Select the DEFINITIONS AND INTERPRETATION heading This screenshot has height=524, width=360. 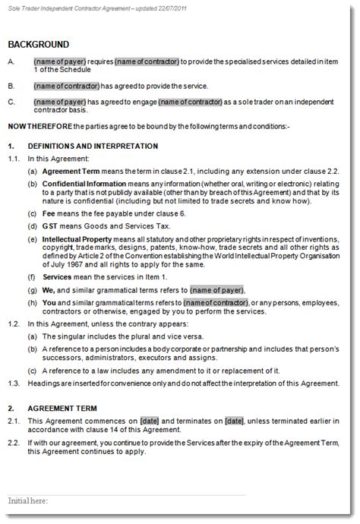click(x=93, y=146)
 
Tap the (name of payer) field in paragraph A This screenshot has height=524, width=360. click(x=58, y=61)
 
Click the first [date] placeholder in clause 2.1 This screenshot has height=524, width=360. click(x=149, y=421)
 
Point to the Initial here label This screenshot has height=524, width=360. click(x=28, y=501)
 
